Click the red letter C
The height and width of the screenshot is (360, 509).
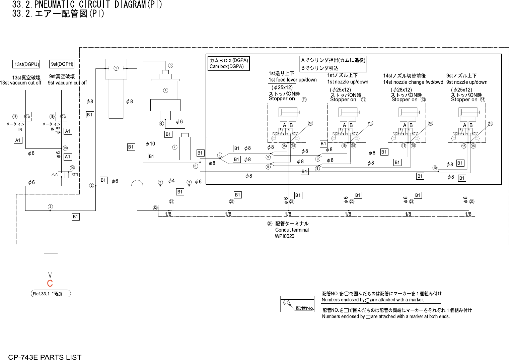[50, 284]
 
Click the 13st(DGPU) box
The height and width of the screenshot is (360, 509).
[27, 64]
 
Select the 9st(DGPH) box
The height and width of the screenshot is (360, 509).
[62, 64]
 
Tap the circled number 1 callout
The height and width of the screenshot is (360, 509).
[116, 68]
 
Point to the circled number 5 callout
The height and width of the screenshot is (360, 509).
[170, 65]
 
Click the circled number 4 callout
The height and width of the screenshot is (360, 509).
[165, 90]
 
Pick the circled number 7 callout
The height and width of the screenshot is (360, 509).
[175, 147]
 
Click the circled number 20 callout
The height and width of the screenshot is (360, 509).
[72, 168]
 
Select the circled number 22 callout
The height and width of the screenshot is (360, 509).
[155, 208]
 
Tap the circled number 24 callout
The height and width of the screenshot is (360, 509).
[270, 224]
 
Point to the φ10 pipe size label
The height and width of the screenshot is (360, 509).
[150, 144]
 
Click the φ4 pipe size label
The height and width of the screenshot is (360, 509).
[171, 181]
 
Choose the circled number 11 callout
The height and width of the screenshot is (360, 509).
[304, 100]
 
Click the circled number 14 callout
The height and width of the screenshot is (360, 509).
[483, 100]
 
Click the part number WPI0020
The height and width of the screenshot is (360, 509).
[284, 236]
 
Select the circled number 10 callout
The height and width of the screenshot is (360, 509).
[435, 168]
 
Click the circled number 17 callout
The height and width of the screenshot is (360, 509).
[15, 117]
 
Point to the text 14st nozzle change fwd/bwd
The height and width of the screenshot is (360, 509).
[413, 82]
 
